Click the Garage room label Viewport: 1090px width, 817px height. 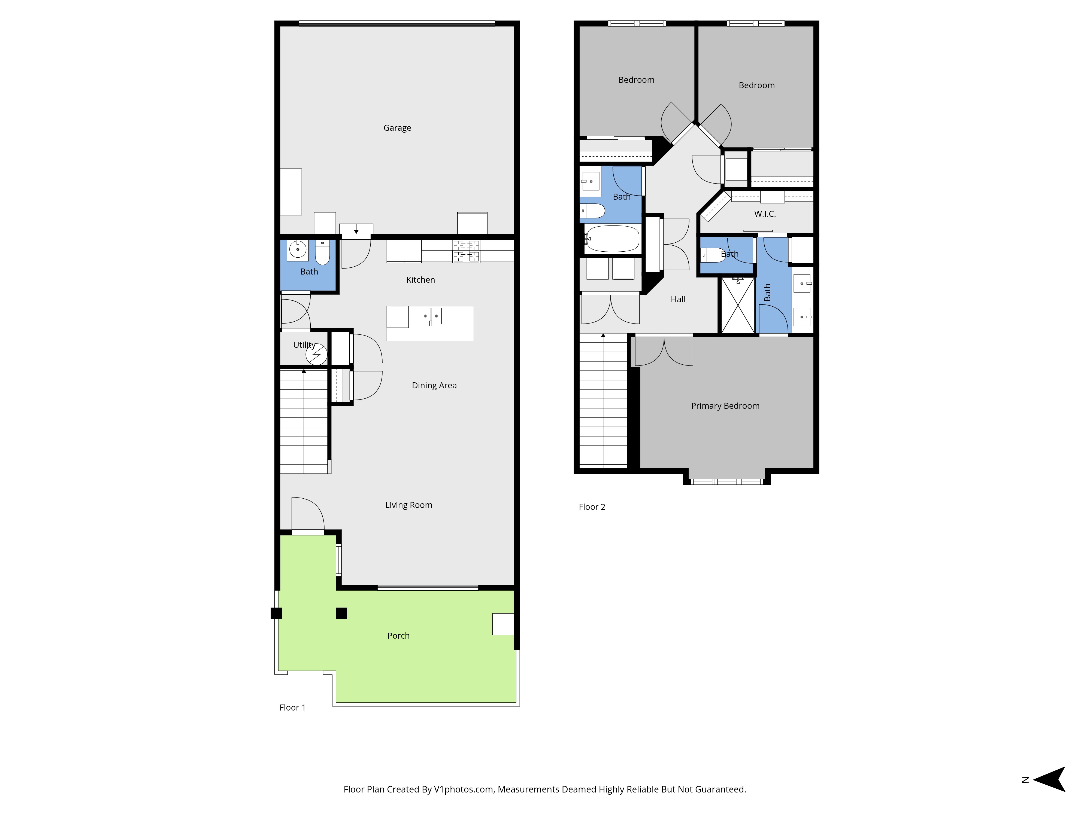click(397, 128)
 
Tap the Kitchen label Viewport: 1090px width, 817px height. click(420, 280)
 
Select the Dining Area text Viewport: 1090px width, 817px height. click(434, 386)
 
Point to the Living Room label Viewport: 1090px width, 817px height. click(408, 505)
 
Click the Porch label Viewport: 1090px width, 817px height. click(398, 636)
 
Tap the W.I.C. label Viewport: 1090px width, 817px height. click(765, 214)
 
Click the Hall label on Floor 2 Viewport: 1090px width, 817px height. click(678, 299)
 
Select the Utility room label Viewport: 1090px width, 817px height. click(304, 345)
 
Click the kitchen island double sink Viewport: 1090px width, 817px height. click(430, 316)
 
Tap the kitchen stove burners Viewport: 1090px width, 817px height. click(466, 251)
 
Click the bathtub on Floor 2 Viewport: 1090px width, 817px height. click(613, 239)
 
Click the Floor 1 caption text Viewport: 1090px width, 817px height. click(292, 708)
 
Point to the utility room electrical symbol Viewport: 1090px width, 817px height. click(316, 354)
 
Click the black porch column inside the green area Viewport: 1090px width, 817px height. click(341, 613)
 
